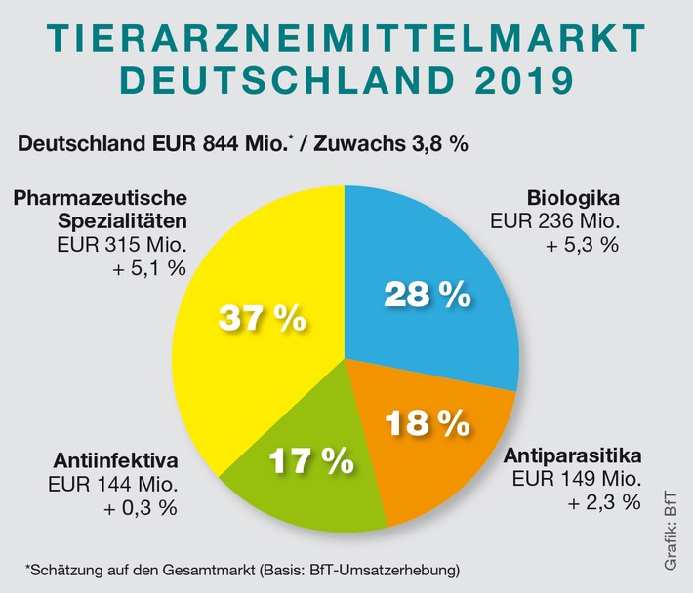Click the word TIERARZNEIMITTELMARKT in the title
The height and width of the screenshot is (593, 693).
point(346,38)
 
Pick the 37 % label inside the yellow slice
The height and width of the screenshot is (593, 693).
point(262,317)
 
